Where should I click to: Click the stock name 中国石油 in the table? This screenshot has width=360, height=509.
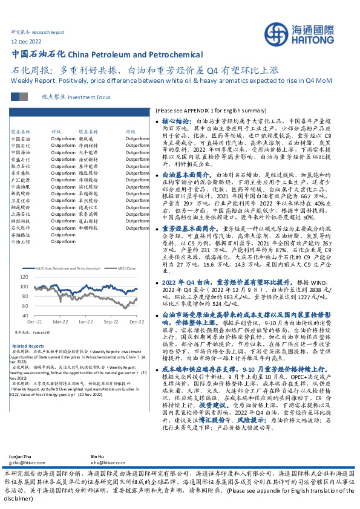pyautogui.click(x=21, y=139)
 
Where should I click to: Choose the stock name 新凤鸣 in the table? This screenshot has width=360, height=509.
pyautogui.click(x=83, y=139)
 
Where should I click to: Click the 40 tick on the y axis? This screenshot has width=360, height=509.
pyautogui.click(x=25, y=316)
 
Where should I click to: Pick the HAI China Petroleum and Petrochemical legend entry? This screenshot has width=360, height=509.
pyautogui.click(x=67, y=267)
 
